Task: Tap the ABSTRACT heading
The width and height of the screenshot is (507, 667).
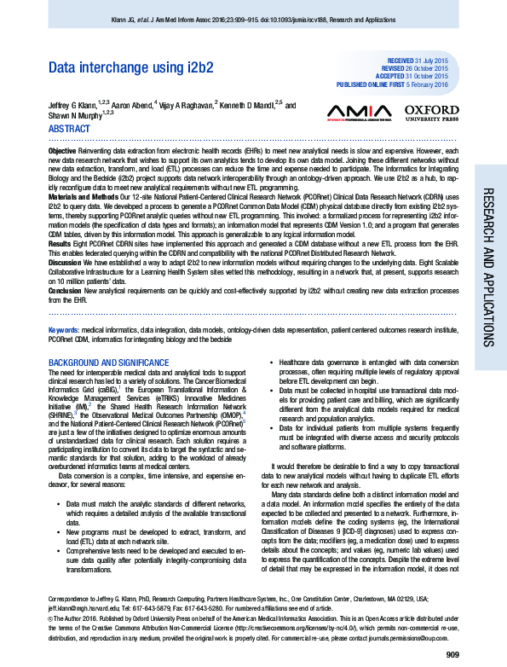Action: coord(69,129)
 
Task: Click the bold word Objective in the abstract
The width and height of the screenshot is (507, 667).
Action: coord(62,149)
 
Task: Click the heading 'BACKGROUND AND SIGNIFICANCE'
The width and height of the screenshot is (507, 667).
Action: coord(107,362)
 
